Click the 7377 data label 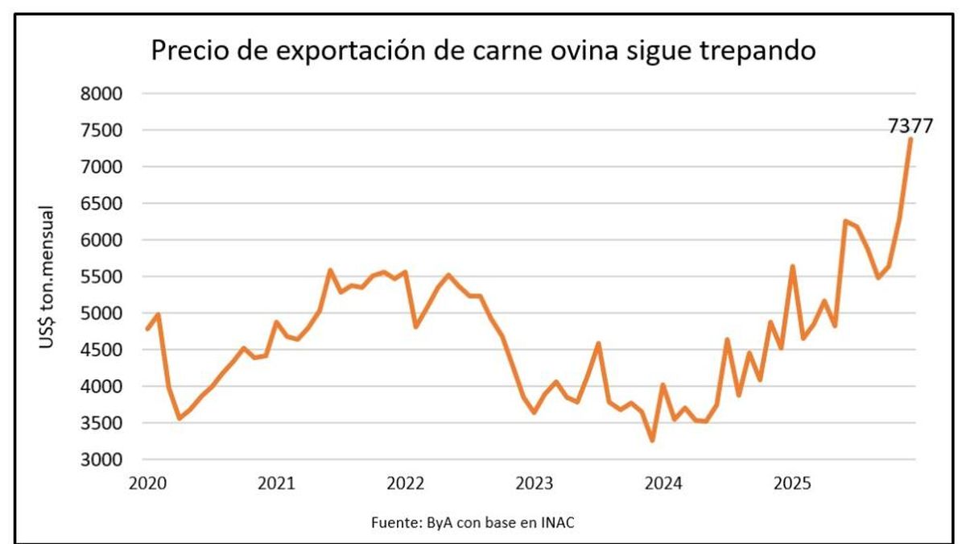(910, 126)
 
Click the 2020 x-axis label (147, 484)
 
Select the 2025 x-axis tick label (791, 484)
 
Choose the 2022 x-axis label (405, 484)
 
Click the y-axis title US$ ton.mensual (47, 278)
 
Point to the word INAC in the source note (559, 522)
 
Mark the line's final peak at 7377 (910, 139)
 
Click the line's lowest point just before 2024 (652, 440)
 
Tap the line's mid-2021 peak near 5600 (330, 270)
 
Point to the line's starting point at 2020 (147, 329)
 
